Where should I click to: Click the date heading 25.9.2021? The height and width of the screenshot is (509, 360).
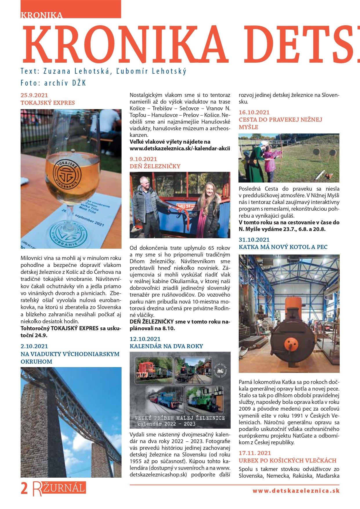point(34,95)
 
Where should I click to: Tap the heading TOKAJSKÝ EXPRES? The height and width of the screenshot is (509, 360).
point(48,103)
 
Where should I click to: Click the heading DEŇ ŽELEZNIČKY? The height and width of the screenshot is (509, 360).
point(155,166)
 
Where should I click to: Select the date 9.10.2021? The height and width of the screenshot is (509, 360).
point(143,159)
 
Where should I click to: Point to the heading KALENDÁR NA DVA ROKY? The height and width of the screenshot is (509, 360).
point(166,346)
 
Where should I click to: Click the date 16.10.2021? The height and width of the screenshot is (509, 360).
point(254,112)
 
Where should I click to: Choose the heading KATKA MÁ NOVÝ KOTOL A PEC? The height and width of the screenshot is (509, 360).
point(283,247)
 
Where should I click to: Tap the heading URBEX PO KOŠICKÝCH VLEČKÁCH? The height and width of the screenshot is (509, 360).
point(287,461)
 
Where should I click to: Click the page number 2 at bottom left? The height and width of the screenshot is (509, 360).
point(24,488)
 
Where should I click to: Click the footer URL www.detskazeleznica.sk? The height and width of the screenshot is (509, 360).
point(296,491)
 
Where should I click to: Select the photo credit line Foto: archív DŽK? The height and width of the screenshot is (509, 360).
point(53,83)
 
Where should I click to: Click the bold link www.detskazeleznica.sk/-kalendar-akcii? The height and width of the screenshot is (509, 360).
point(180,149)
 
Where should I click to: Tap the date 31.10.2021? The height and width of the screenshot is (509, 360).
point(254,240)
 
